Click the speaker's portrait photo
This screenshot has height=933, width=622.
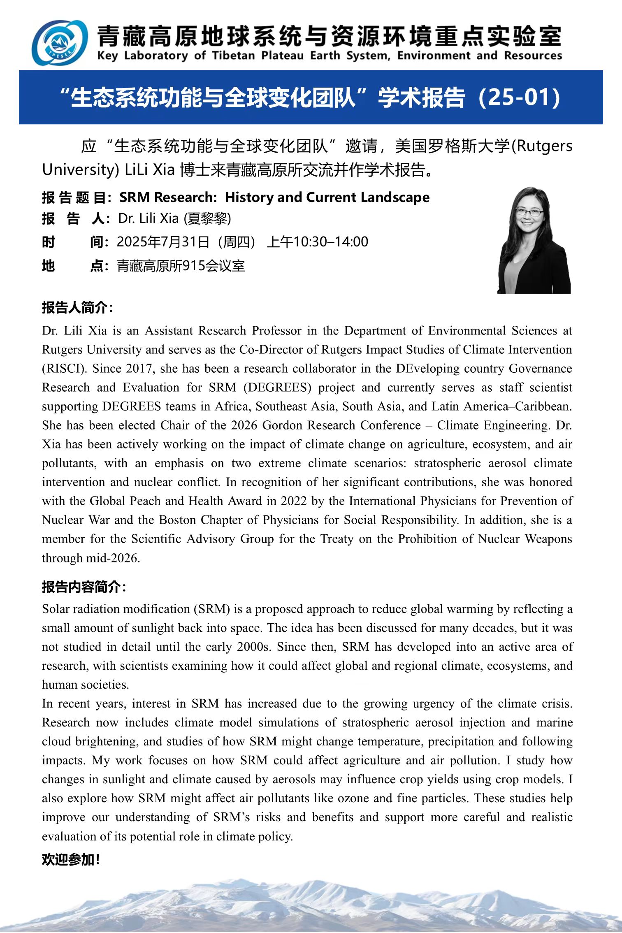tap(534, 241)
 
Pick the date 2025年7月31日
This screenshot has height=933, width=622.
tap(163, 242)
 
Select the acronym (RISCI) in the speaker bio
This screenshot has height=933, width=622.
tap(64, 368)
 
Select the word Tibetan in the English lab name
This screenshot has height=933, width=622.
tap(234, 56)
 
